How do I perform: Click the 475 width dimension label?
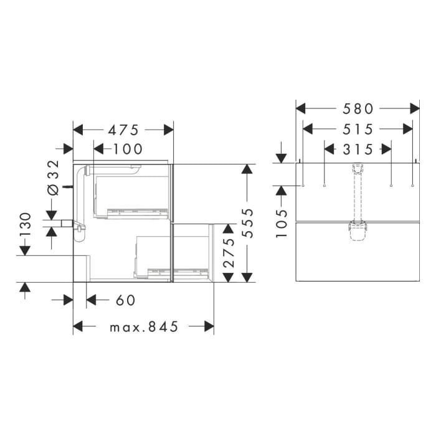click(123, 130)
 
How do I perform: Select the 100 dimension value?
click(128, 149)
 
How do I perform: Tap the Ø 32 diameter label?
click(53, 177)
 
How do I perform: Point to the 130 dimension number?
click(25, 226)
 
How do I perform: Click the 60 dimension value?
click(125, 300)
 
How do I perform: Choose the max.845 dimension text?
click(144, 326)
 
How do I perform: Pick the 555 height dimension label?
click(249, 224)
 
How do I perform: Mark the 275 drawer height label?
click(229, 252)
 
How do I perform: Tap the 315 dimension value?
click(358, 149)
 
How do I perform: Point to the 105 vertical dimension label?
click(282, 223)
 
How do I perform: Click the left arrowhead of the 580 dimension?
click(300, 108)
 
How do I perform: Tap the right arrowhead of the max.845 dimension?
click(210, 326)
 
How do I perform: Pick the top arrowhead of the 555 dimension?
click(248, 169)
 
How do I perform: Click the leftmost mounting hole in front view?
click(302, 186)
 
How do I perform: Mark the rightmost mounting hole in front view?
click(413, 186)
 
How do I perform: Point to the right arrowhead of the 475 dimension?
click(169, 130)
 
